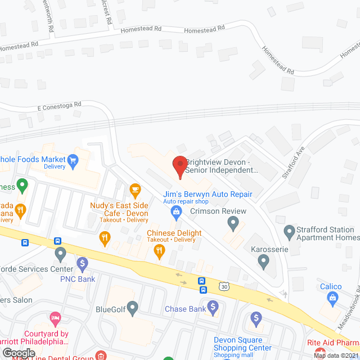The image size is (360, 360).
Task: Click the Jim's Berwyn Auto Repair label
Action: pyautogui.click(x=208, y=195)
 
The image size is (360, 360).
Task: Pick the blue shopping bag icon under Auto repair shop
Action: pyautogui.click(x=177, y=212)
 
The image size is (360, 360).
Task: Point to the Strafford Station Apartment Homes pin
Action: pyautogui.click(x=289, y=231)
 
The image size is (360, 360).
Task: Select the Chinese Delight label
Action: pyautogui.click(x=174, y=233)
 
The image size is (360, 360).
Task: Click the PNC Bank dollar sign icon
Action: pyautogui.click(x=83, y=263)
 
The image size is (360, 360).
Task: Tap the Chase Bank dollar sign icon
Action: pyautogui.click(x=213, y=307)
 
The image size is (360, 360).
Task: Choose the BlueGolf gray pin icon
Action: pyautogui.click(x=132, y=308)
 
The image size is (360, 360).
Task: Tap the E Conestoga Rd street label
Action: pyautogui.click(x=60, y=105)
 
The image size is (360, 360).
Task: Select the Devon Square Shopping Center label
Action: pyautogui.click(x=238, y=344)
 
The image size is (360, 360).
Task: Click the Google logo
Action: pyautogui.click(x=19, y=353)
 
